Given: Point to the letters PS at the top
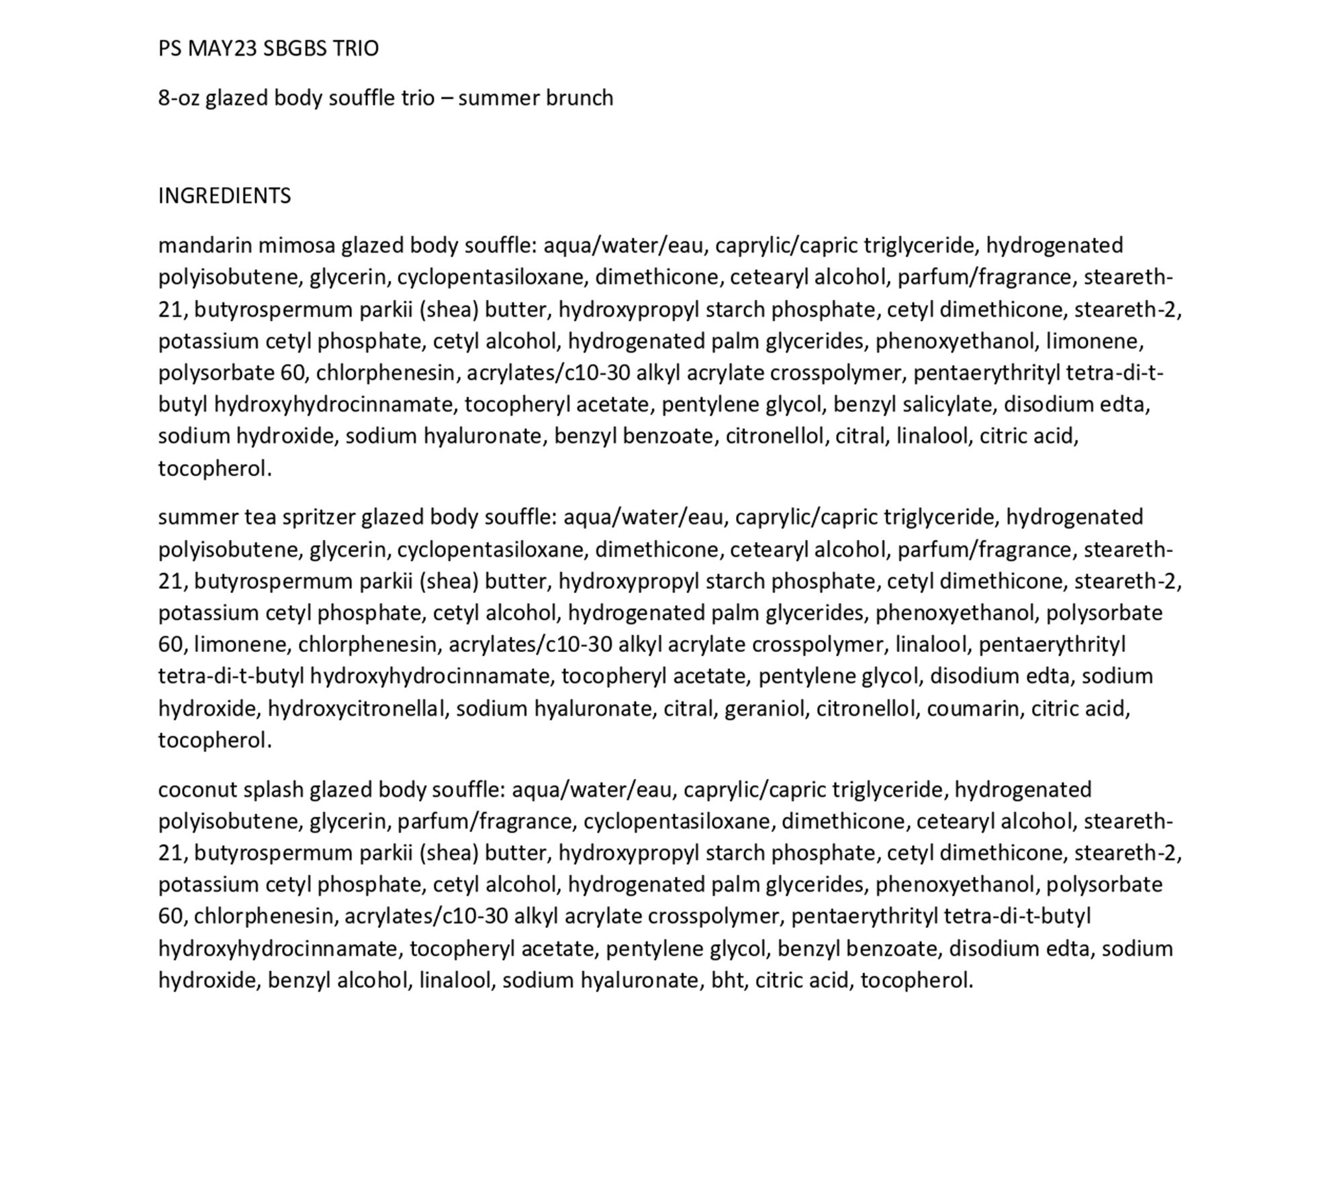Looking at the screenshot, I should (x=170, y=48).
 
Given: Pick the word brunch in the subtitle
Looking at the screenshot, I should (x=579, y=98).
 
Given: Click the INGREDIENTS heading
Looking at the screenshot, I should (x=224, y=195).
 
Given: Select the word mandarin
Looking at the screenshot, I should (x=205, y=246).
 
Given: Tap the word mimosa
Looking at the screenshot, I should (x=296, y=246).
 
